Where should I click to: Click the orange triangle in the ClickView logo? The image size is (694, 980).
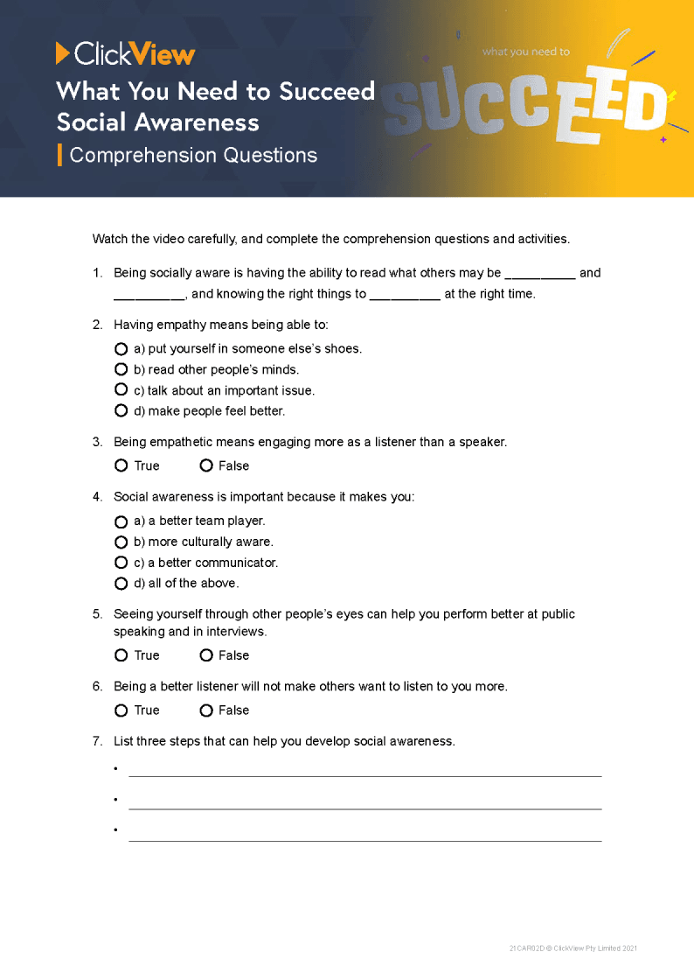pyautogui.click(x=62, y=53)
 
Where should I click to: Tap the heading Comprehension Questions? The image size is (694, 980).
pyautogui.click(x=193, y=156)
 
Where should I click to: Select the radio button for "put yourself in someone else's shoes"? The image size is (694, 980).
pyautogui.click(x=121, y=348)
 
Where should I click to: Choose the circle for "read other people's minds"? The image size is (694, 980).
pyautogui.click(x=121, y=369)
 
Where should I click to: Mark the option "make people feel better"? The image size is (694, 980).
pyautogui.click(x=121, y=410)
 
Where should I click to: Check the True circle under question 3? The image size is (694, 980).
pyautogui.click(x=121, y=465)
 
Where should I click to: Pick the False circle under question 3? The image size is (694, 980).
pyautogui.click(x=206, y=465)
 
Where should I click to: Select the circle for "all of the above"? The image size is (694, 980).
pyautogui.click(x=121, y=583)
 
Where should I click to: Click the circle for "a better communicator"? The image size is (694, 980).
pyautogui.click(x=121, y=563)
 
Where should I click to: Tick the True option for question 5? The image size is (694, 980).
pyautogui.click(x=121, y=655)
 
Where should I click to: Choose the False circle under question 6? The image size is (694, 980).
pyautogui.click(x=206, y=710)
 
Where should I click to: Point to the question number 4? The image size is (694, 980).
pyautogui.click(x=97, y=497)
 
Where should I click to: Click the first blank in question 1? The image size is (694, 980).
pyautogui.click(x=539, y=274)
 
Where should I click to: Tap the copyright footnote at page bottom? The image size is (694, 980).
pyautogui.click(x=579, y=948)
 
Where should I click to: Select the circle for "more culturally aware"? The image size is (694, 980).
pyautogui.click(x=121, y=542)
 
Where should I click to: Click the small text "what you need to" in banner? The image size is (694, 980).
pyautogui.click(x=525, y=52)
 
